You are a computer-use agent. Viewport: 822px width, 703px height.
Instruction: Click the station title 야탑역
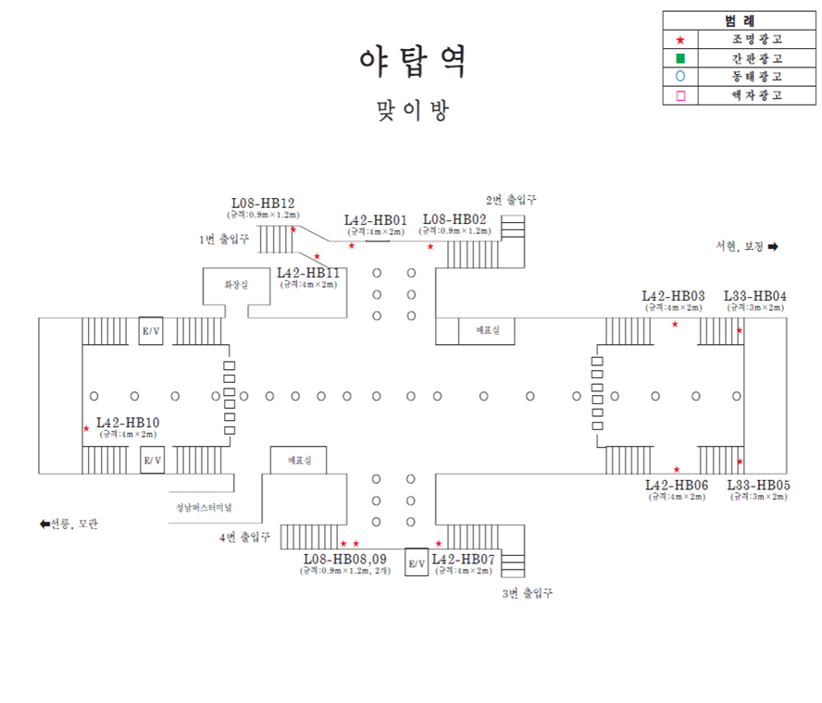point(411,63)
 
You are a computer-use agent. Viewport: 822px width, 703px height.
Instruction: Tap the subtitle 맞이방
point(411,111)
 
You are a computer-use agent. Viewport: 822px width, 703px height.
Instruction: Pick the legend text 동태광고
point(756,77)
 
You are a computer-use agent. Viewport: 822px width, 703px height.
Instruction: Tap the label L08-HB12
point(263,203)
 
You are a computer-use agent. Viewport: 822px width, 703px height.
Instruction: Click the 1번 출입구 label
point(224,239)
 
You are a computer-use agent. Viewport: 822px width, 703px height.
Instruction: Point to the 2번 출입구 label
point(511,199)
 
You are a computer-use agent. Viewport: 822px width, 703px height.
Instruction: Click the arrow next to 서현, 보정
point(773,246)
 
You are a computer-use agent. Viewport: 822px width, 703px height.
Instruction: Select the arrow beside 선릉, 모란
point(44,524)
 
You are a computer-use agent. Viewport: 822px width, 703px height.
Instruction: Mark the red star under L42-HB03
point(675,324)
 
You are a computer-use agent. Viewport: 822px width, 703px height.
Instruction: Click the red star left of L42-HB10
point(86,428)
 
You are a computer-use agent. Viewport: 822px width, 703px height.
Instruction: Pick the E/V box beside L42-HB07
point(417,562)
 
